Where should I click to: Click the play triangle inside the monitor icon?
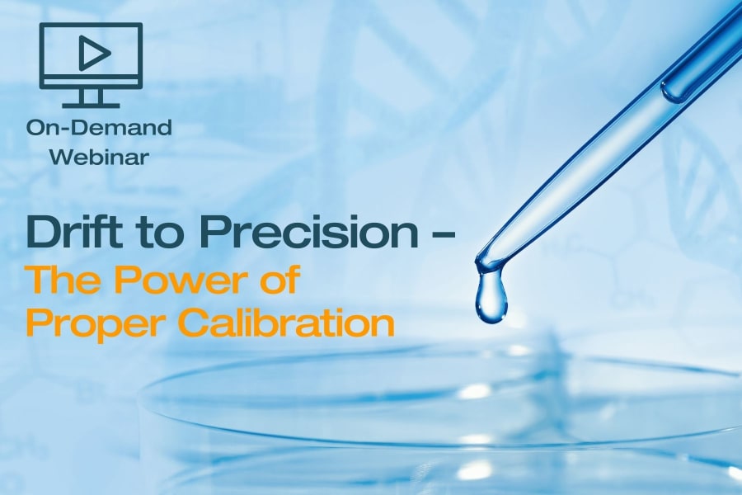[x=94, y=52]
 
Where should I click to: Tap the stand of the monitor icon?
[x=90, y=98]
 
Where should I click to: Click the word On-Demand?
[x=99, y=127]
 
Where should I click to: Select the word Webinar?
[x=99, y=157]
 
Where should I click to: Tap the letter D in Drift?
[x=43, y=231]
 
